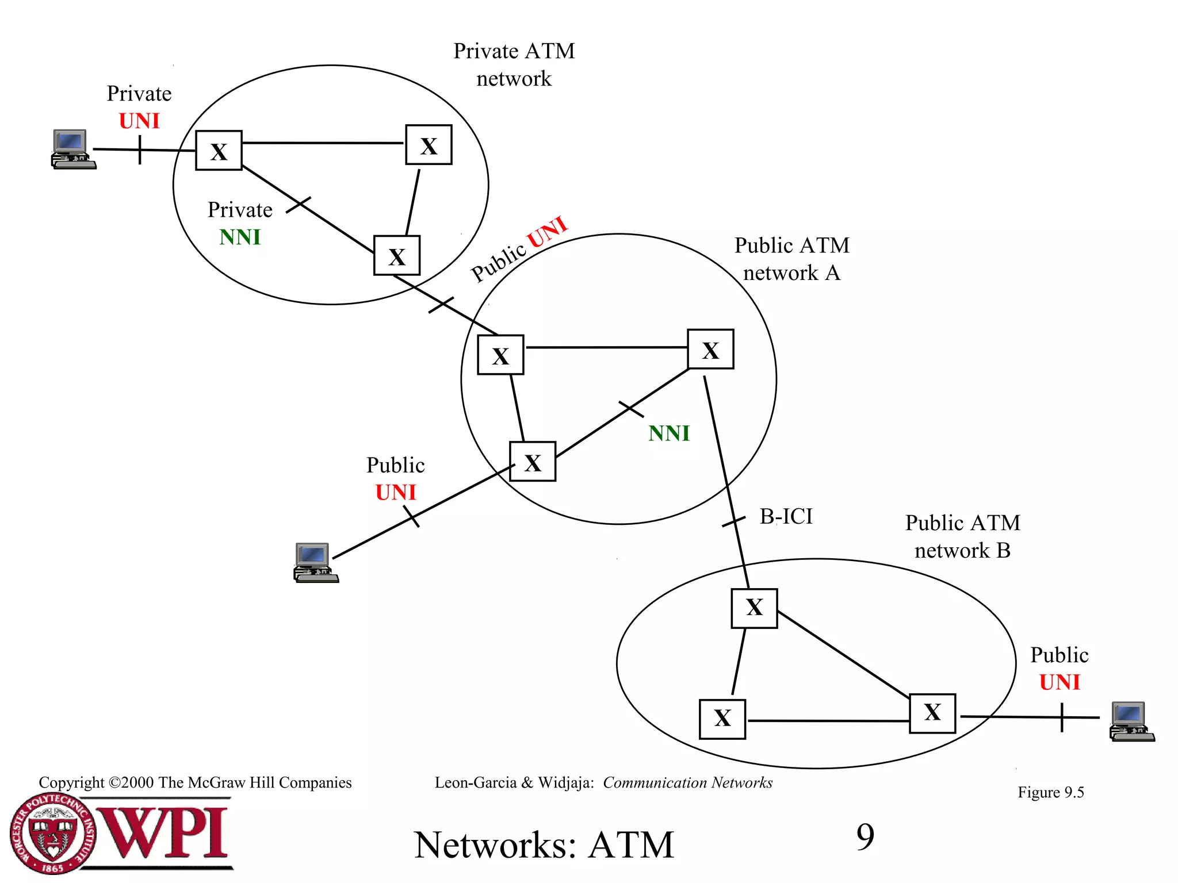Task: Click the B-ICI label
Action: pos(786,516)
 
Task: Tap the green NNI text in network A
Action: pos(668,433)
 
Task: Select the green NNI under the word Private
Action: pos(240,237)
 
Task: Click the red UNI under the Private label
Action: pos(139,121)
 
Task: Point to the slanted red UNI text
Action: pos(547,232)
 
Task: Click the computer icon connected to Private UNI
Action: pos(73,149)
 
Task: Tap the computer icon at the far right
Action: pos(1131,721)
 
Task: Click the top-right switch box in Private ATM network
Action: pos(429,145)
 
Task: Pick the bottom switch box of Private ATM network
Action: pos(396,255)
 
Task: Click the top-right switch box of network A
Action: pos(710,349)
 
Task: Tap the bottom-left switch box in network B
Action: pos(722,719)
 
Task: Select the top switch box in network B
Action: pos(754,608)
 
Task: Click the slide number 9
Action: pos(865,837)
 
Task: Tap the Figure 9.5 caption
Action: pos(1050,792)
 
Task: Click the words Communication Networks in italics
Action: pos(687,782)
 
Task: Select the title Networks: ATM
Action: pos(544,845)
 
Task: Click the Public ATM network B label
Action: pos(962,536)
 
